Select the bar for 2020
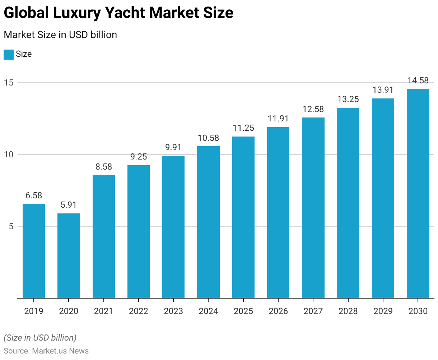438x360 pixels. tap(69, 255)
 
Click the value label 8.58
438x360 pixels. tap(104, 167)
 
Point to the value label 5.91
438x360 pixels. tap(69, 205)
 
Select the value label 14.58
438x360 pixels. tap(418, 80)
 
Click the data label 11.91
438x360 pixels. tap(278, 119)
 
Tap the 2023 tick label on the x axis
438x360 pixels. tap(173, 311)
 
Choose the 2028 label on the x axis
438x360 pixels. tap(348, 311)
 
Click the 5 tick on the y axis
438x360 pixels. tap(11, 226)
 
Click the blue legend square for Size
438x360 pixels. tap(9, 54)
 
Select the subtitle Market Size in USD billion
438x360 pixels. tap(60, 35)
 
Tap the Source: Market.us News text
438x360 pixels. tap(46, 351)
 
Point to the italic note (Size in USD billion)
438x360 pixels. tap(40, 338)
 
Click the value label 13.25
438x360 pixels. tap(348, 99)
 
